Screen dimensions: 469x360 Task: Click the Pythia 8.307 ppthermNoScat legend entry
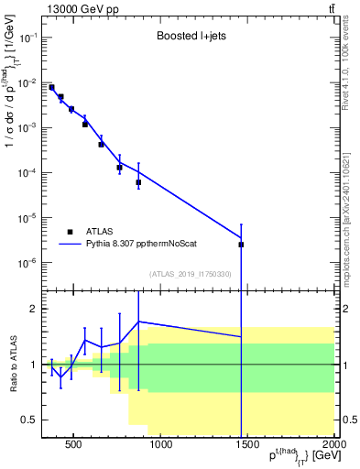coord(140,245)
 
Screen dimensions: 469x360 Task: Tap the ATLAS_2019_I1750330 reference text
coord(189,273)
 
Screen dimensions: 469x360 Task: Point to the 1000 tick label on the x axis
coord(160,446)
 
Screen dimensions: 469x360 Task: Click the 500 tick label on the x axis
coord(73,446)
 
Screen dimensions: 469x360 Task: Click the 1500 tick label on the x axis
coord(247,446)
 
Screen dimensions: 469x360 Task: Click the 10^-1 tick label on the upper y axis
coord(27,38)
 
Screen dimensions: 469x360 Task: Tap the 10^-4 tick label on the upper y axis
coord(27,173)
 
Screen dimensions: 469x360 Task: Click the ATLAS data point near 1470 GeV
coord(241,245)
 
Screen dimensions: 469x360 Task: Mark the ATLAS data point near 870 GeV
coord(138,182)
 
